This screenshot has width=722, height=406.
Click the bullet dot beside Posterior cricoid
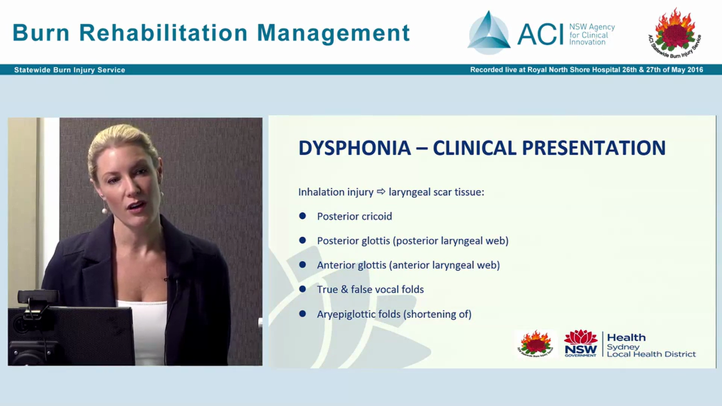[302, 216]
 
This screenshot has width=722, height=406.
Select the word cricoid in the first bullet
[374, 217]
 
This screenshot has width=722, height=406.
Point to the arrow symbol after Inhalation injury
[381, 192]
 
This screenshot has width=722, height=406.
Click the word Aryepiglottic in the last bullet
[345, 314]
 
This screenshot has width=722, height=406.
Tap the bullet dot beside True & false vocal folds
[302, 289]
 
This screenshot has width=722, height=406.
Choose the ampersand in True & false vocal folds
[344, 289]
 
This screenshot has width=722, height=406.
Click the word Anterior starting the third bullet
[336, 265]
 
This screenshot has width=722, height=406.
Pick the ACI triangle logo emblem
[489, 33]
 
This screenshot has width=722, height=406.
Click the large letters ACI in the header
[540, 34]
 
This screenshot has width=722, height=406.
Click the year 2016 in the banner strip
[693, 70]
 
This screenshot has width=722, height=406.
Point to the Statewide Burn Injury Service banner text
[69, 70]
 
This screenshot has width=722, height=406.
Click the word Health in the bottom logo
[626, 338]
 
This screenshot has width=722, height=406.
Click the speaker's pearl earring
[104, 211]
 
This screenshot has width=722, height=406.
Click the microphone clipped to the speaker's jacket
[168, 279]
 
